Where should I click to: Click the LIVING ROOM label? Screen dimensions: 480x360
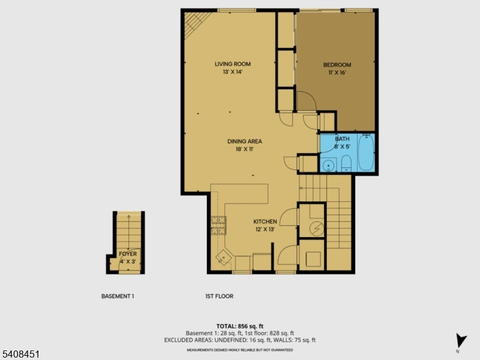233,64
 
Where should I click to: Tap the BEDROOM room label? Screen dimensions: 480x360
337,65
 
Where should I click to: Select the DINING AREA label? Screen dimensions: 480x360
245,142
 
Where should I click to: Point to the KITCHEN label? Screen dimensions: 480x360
265,221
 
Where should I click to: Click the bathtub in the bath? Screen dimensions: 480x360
366,152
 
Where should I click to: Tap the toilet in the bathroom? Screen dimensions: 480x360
346,163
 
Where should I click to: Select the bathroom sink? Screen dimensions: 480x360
328,165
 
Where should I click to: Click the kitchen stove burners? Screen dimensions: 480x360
218,226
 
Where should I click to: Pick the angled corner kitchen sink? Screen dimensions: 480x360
224,257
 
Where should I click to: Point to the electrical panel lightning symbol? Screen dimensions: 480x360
317,229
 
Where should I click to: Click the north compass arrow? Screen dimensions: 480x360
460,340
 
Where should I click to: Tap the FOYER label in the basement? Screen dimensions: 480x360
128,254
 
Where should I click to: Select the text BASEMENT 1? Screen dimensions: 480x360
118,296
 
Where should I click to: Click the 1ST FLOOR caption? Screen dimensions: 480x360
219,296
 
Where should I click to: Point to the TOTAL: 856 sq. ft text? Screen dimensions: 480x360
239,326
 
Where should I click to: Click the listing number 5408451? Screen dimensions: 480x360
20,355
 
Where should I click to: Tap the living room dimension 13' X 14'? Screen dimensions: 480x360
233,72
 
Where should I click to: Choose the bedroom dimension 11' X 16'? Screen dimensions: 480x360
337,73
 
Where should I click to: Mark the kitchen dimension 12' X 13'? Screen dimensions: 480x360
265,229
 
